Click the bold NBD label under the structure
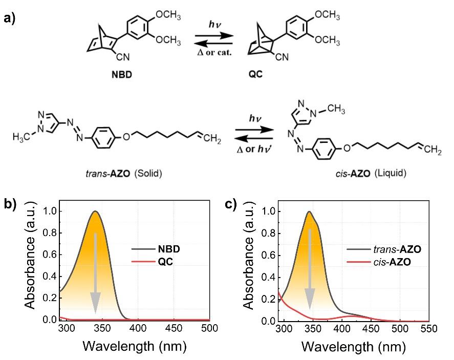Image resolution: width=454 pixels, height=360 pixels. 122,75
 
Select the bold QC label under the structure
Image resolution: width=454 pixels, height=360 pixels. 255,74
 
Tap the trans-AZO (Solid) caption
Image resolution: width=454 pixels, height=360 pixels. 124,174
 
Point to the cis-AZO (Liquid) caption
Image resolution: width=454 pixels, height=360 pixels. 371,173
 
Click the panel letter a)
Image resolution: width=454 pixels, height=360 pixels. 10,18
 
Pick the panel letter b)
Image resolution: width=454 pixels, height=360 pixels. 10,204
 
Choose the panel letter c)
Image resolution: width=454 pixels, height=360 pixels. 231,204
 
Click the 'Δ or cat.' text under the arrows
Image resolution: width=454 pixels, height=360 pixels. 214,52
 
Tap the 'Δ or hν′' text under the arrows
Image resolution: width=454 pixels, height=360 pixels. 254,149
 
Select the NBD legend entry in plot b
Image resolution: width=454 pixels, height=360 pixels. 156,249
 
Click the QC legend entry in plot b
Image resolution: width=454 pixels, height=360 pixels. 153,262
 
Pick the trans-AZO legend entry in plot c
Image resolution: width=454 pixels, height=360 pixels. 384,249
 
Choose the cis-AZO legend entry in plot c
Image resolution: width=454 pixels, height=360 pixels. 379,262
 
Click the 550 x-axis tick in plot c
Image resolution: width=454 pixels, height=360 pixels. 429,329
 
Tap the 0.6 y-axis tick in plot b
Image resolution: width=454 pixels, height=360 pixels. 50,255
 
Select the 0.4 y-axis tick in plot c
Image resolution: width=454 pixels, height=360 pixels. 268,278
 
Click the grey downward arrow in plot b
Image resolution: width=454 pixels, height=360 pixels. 95,273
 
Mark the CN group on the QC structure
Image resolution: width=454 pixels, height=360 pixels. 282,57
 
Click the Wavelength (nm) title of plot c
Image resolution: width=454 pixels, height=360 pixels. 354,347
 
